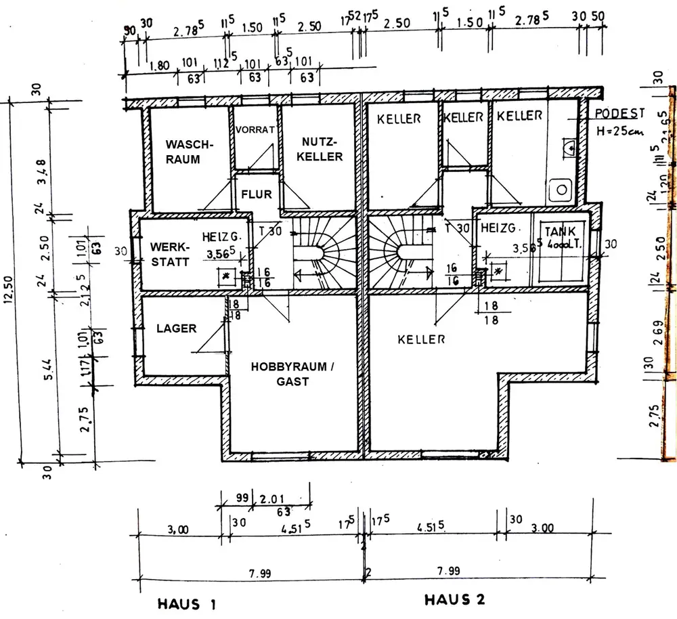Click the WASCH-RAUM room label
pos(190,152)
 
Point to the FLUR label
pos(256,194)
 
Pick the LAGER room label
pos(176,328)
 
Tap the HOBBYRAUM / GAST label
pos(292,374)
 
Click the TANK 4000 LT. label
pos(560,236)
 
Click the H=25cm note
pos(619,131)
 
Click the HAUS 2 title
pos(455,600)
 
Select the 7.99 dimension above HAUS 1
pos(259,573)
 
